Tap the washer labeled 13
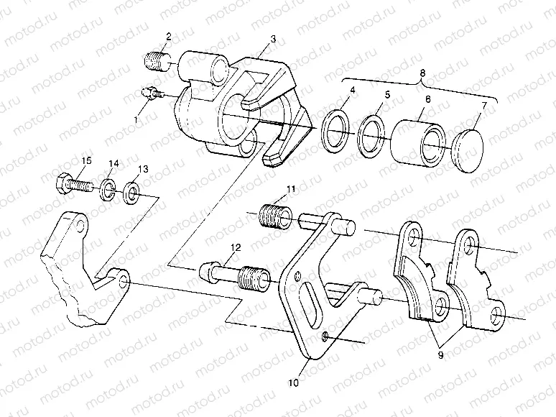(132, 193)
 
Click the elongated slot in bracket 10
(310, 304)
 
